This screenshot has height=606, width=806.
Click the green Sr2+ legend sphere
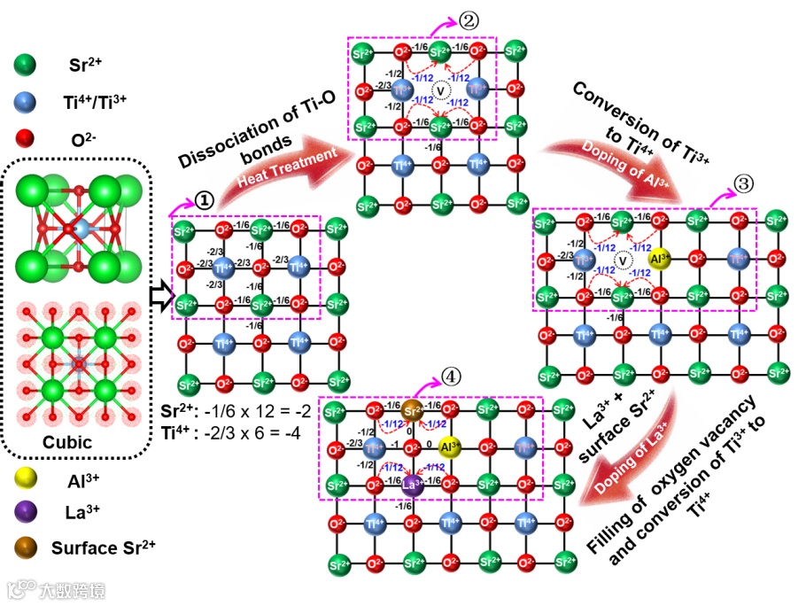pyautogui.click(x=27, y=66)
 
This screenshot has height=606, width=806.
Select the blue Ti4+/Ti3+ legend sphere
pyautogui.click(x=27, y=103)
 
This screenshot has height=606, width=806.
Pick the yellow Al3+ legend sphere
pyautogui.click(x=27, y=479)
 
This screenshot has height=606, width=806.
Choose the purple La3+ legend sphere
pyautogui.click(x=27, y=512)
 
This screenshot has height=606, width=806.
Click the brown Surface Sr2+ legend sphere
pyautogui.click(x=27, y=546)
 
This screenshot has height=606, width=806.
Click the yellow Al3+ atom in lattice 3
pyautogui.click(x=660, y=260)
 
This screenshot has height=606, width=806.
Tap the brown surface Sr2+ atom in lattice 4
pyautogui.click(x=412, y=410)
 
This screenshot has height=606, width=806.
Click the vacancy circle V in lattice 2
pyautogui.click(x=439, y=90)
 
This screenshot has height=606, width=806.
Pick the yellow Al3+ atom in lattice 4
pyautogui.click(x=449, y=447)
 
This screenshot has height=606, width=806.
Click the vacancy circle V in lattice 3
pyautogui.click(x=624, y=260)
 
